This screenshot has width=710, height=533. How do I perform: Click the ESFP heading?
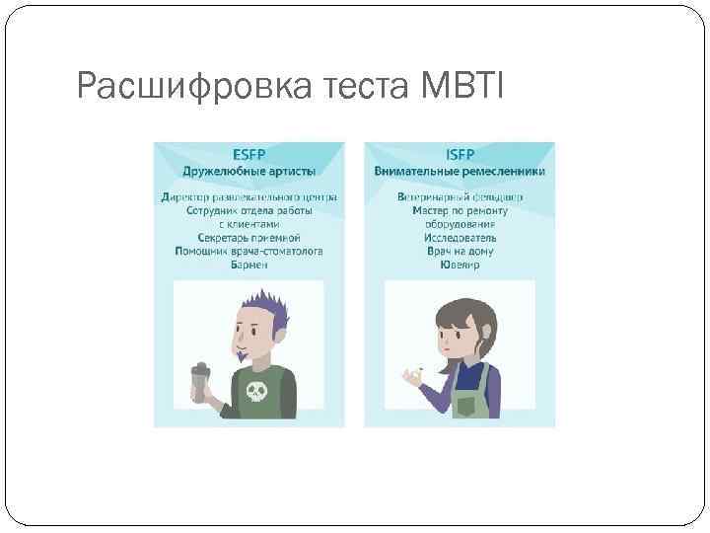click(x=248, y=155)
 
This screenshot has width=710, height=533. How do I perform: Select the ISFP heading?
click(x=461, y=155)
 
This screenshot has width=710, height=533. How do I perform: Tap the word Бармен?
click(x=248, y=266)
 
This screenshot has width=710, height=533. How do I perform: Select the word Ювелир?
click(x=461, y=266)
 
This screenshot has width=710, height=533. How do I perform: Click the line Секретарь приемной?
click(x=248, y=238)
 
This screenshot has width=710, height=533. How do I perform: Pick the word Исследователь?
click(x=461, y=238)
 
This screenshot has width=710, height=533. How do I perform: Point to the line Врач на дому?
click(x=461, y=252)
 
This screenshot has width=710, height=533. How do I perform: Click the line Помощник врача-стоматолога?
click(x=248, y=252)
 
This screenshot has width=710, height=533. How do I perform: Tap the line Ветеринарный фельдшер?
click(x=461, y=197)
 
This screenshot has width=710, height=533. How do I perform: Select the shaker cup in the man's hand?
click(x=198, y=384)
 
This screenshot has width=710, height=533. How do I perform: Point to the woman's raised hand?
click(x=410, y=375)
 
